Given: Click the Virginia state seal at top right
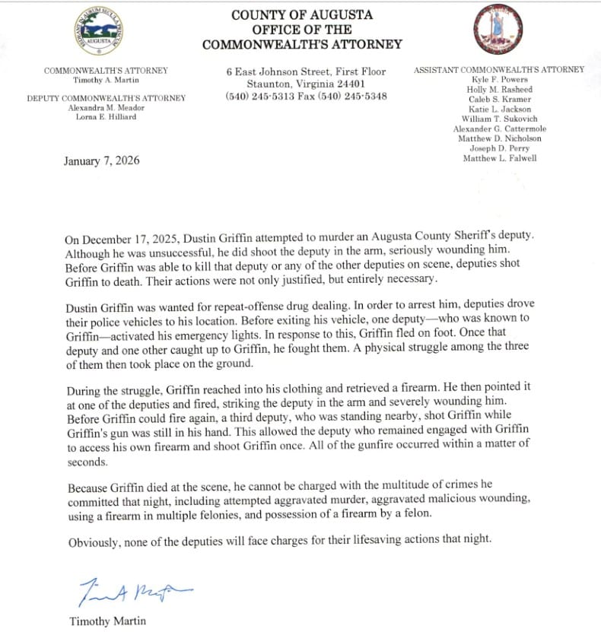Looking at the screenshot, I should (x=498, y=30).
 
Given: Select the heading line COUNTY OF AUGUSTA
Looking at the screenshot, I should (x=302, y=15).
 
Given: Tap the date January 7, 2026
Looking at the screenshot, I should (x=102, y=160).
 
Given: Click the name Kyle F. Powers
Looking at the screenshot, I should (x=499, y=80).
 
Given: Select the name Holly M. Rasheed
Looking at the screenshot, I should (x=499, y=90).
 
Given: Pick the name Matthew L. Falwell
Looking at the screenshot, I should (x=499, y=158).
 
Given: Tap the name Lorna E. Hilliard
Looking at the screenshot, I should (x=106, y=117).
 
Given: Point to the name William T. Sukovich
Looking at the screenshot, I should (x=499, y=119).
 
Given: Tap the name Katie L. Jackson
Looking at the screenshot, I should (x=499, y=109).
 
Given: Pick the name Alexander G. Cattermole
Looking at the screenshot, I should (x=499, y=129).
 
